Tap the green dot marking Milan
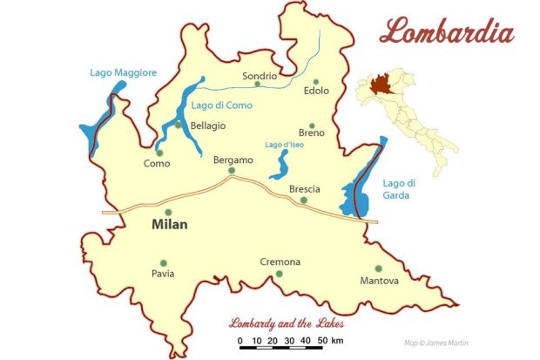coord(169,212)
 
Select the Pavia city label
coord(162,274)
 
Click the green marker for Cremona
coord(280,274)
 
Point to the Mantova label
coord(379,281)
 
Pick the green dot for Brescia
coord(304,200)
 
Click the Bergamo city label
coord(233,160)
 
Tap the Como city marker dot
coord(159,153)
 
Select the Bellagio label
coord(207,126)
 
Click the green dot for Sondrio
coord(257,85)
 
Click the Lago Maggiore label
coord(123,72)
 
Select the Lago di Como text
coord(221,105)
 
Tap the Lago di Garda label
coord(401,189)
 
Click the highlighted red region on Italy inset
coord(380,85)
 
